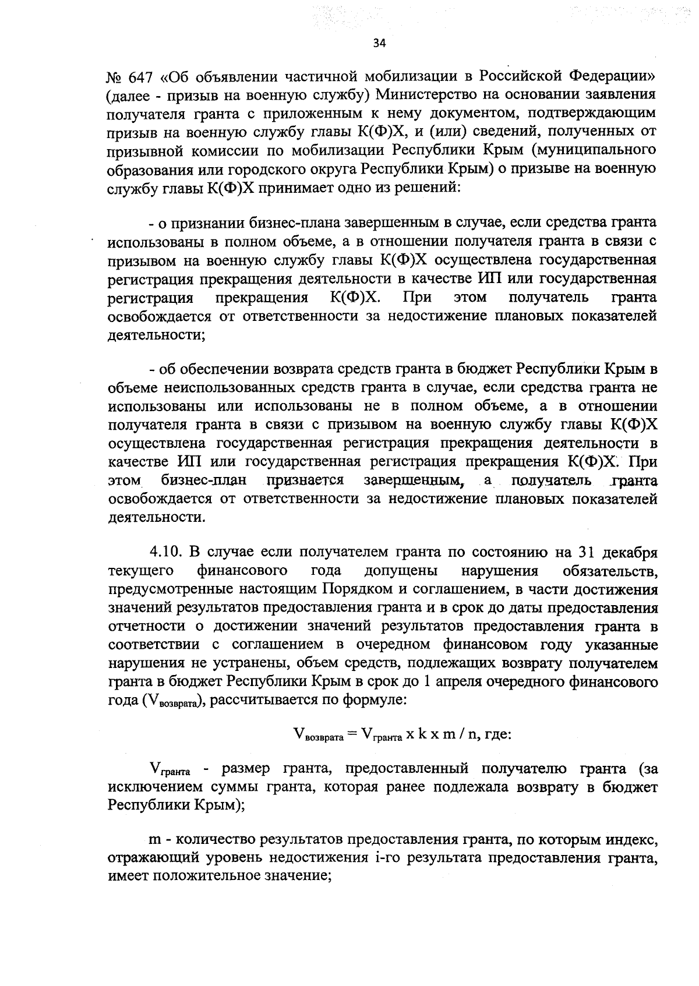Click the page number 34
379,44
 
